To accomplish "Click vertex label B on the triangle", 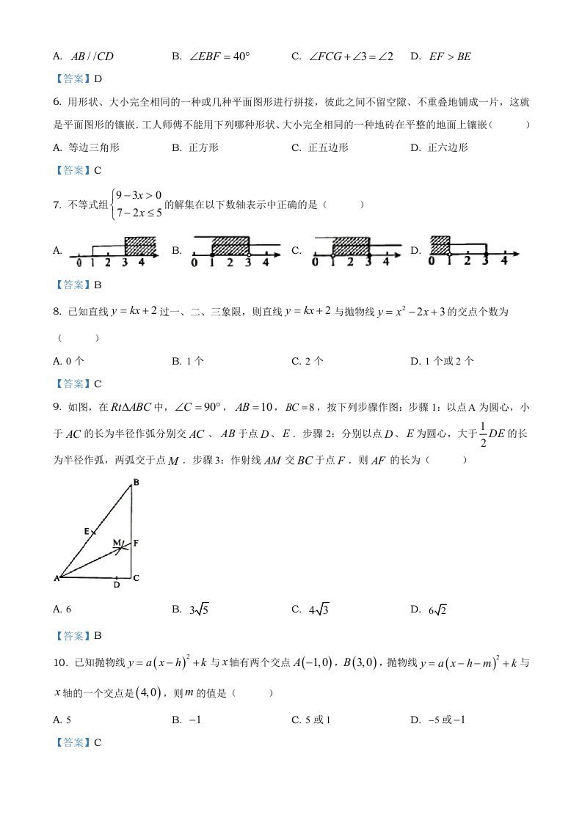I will [135, 482].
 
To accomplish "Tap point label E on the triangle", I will [86, 530].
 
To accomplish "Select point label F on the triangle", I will [137, 543].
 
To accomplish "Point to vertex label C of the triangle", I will [137, 578].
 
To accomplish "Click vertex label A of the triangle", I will [56, 579].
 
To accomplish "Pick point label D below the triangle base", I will [117, 585].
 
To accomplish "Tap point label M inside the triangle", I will [115, 542].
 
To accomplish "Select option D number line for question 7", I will [473, 251].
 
